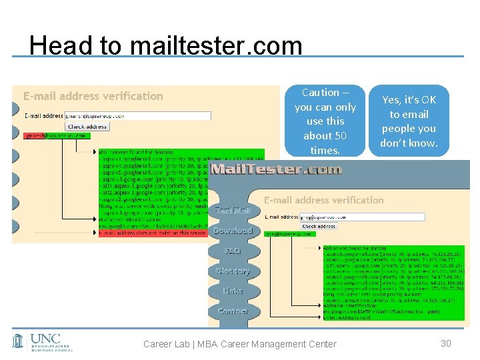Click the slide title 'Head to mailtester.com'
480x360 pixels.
[x=166, y=45]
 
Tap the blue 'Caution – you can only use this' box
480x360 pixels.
[x=325, y=121]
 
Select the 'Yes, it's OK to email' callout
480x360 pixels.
[x=409, y=121]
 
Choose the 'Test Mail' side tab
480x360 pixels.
[x=232, y=211]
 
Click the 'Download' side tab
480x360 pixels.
[x=233, y=231]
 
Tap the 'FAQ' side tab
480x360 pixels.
[x=233, y=251]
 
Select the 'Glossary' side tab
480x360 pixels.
[x=233, y=271]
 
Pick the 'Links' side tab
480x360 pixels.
[x=233, y=291]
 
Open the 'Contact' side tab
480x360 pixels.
[x=233, y=311]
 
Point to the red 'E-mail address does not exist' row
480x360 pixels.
[x=180, y=233]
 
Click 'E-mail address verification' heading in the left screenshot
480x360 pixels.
[x=93, y=96]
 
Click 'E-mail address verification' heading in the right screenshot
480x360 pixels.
[x=324, y=200]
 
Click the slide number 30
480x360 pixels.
[x=447, y=343]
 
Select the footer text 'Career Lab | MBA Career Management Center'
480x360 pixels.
[x=240, y=344]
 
